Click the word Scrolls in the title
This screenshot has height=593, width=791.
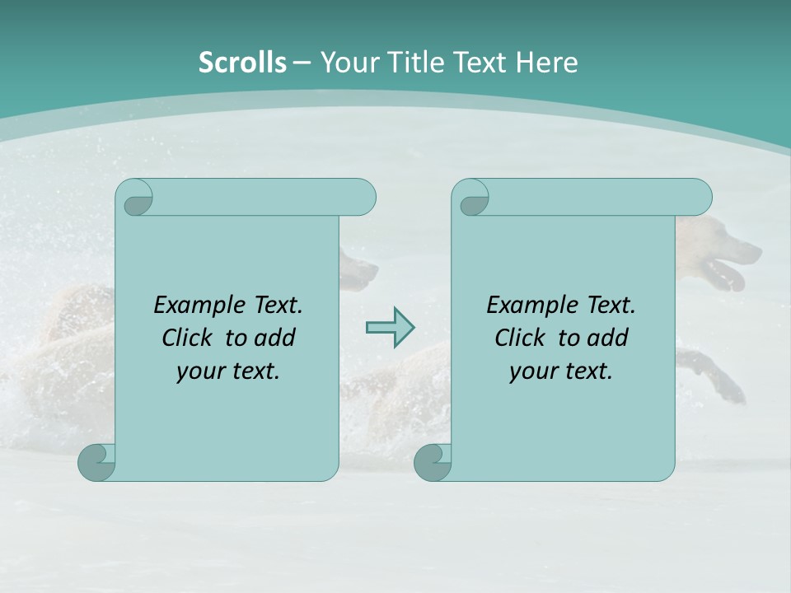242,63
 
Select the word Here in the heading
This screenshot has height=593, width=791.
546,63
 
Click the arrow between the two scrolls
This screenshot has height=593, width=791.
390,328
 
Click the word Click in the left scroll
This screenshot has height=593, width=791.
189,338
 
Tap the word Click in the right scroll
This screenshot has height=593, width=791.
520,338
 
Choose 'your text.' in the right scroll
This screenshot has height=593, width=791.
561,371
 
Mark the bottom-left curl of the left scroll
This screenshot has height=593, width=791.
97,463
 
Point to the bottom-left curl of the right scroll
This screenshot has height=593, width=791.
433,463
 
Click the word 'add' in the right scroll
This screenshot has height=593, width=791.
609,338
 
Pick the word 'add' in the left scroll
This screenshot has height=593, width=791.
276,338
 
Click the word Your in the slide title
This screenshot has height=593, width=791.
347,63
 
